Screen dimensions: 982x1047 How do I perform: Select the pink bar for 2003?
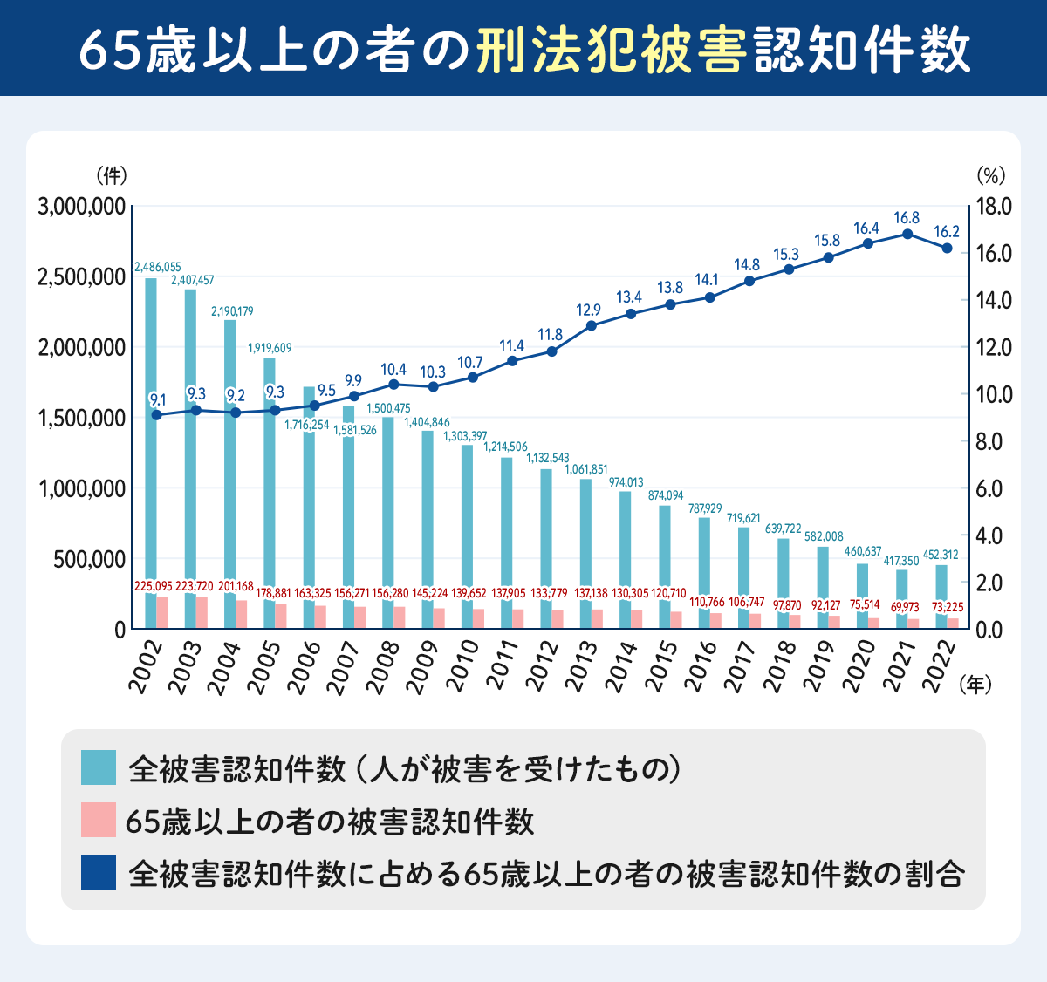pos(202,612)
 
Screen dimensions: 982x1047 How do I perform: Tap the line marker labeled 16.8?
pos(907,234)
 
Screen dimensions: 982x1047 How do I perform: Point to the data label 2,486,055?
pos(157,267)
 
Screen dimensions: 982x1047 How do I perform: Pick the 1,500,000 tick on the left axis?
pos(82,418)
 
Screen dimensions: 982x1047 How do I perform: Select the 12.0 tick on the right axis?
pos(994,347)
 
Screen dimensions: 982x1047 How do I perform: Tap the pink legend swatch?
pos(98,821)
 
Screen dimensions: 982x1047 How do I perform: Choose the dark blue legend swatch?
pos(98,872)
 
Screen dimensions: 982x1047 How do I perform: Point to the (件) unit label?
pos(111,175)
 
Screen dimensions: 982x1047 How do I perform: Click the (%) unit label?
pos(990,175)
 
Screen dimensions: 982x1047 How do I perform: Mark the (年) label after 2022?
pos(975,685)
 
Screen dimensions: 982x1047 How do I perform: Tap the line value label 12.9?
pos(588,310)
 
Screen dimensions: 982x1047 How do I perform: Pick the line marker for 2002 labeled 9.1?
pos(157,414)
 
